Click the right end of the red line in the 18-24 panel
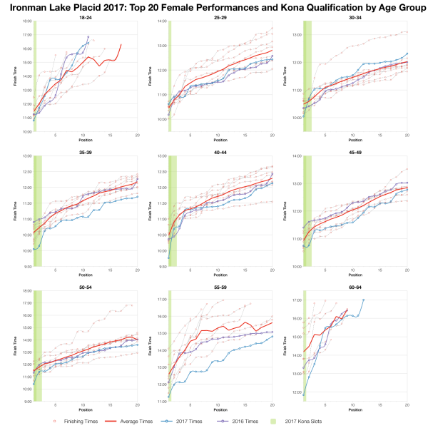click(x=121, y=44)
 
